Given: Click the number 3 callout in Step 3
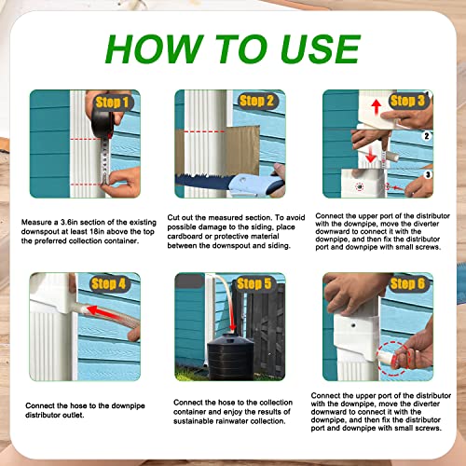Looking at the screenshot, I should [x=429, y=173].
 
